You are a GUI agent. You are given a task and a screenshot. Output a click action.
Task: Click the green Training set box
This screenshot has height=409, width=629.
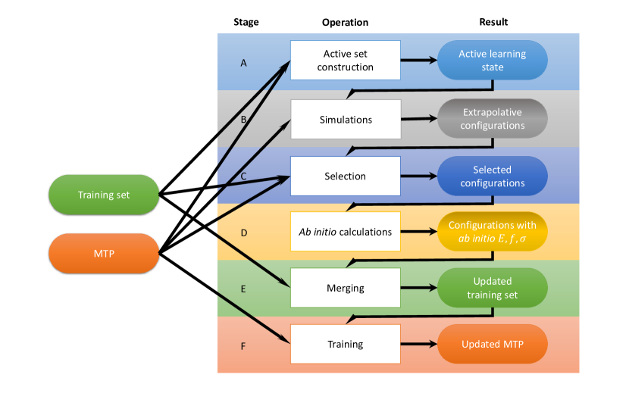tap(104, 195)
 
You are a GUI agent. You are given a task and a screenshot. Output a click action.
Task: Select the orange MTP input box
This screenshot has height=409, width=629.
tap(104, 254)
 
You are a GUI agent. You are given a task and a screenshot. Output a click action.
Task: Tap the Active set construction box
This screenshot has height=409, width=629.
tap(346, 60)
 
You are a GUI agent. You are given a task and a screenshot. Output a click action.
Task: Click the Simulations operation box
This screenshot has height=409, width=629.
tap(346, 120)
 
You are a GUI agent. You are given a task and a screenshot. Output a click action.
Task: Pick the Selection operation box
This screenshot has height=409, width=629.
tap(346, 176)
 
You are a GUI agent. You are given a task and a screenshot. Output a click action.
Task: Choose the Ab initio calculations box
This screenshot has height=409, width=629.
tap(346, 232)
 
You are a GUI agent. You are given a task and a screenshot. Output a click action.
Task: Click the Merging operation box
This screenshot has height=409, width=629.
tap(346, 288)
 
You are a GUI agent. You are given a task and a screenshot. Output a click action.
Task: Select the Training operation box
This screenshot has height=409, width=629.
tap(346, 344)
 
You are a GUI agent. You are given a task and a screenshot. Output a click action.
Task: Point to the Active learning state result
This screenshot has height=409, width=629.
tap(493, 60)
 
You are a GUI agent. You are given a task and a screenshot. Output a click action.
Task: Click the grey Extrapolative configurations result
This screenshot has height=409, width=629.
tap(493, 119)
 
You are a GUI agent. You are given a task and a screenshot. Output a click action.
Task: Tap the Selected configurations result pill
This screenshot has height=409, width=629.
tap(493, 176)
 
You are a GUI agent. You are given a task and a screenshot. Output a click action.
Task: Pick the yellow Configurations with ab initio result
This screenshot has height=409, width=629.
tap(493, 232)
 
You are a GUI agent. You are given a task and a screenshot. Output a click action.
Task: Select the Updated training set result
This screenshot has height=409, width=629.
tap(493, 288)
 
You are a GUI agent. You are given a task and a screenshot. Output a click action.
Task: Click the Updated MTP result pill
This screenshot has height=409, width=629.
tap(493, 344)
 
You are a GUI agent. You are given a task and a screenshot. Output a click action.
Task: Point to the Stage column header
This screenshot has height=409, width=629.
tap(246, 22)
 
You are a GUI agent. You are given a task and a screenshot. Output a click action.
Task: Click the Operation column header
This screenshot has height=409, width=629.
tap(345, 23)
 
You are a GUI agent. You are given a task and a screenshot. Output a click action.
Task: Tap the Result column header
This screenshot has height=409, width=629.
tap(493, 22)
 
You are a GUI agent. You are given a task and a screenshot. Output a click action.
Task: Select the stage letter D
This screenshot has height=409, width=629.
tap(244, 233)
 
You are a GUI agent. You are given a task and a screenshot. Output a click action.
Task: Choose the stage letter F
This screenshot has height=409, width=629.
tap(243, 346)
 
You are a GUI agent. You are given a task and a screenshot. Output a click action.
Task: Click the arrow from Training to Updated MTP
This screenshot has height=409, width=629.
tap(419, 344)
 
